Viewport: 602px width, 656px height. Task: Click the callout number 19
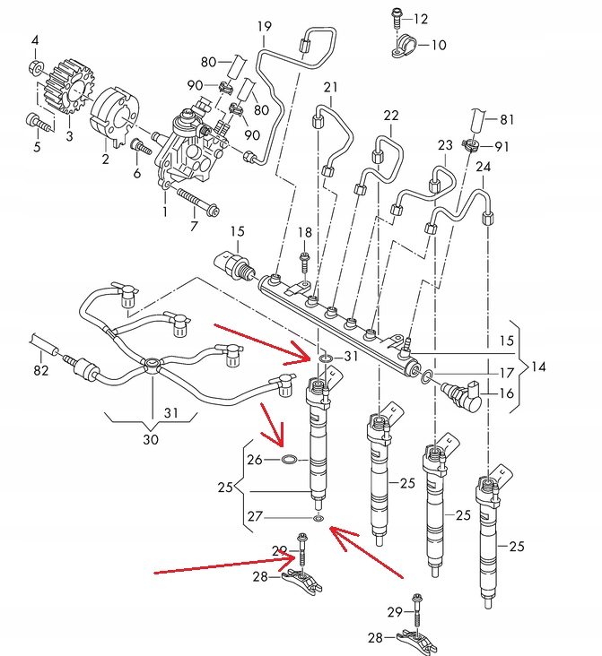265,26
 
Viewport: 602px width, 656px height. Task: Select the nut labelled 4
36,67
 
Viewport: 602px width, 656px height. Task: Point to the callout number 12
421,19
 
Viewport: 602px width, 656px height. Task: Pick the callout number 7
194,226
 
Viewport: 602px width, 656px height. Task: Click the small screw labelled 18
304,262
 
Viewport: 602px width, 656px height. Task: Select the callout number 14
538,367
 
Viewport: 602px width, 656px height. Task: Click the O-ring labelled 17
426,375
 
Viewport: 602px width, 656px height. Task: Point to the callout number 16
507,393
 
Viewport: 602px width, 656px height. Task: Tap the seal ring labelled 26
288,460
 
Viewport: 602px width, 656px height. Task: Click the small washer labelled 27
318,519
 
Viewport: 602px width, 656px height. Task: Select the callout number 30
151,440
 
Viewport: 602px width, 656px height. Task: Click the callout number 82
41,370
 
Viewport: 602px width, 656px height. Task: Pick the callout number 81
507,120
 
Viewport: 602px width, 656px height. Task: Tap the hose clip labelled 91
472,145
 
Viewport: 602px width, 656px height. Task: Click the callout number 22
391,116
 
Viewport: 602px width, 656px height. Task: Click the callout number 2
106,159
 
